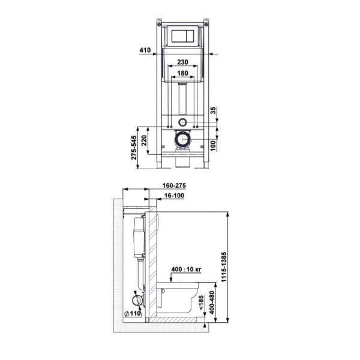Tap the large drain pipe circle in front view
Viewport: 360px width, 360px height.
point(182,142)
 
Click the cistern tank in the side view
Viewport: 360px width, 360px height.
point(139,237)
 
